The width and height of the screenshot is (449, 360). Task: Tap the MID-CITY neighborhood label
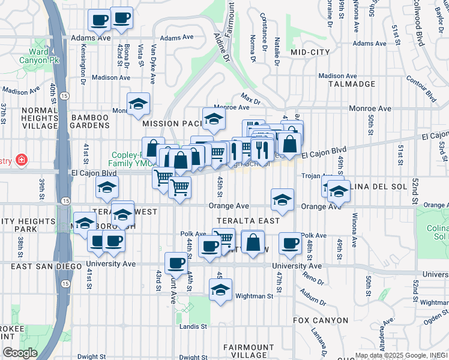click(310, 53)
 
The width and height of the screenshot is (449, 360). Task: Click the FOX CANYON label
click(321, 320)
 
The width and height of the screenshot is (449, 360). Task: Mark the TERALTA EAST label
click(248, 221)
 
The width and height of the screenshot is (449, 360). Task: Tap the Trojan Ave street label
click(313, 176)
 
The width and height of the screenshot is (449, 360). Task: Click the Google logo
click(20, 352)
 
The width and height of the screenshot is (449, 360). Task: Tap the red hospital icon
click(22, 160)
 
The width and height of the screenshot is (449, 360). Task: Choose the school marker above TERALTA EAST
click(282, 200)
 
